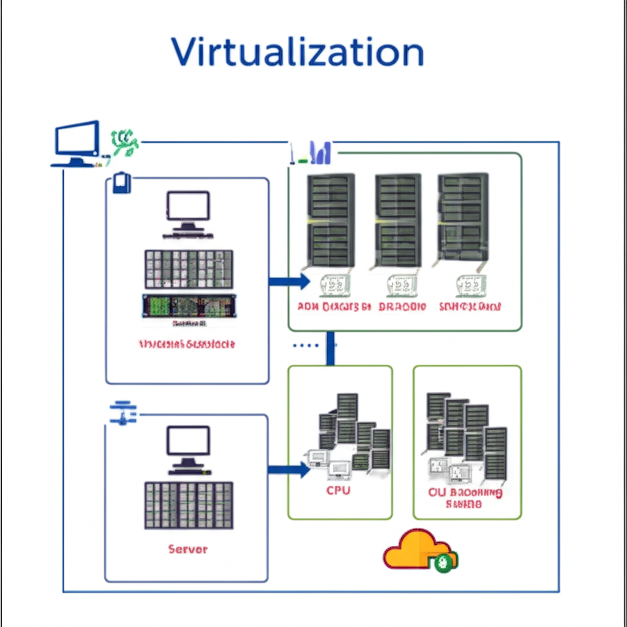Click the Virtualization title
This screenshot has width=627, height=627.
coord(297,52)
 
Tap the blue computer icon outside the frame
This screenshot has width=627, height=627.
coord(77,143)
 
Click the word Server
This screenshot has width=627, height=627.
coord(188,549)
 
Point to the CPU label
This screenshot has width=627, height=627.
coord(338,490)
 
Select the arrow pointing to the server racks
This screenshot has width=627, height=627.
coord(289,282)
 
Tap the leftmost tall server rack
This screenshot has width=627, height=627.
coord(331,220)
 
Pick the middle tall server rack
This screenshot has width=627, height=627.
coord(397,220)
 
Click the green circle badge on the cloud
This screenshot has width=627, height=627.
coord(443,563)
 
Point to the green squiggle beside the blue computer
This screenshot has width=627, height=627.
coord(125,144)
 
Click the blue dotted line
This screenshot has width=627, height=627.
coord(306,345)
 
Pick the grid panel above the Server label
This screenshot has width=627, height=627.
coord(189,505)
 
